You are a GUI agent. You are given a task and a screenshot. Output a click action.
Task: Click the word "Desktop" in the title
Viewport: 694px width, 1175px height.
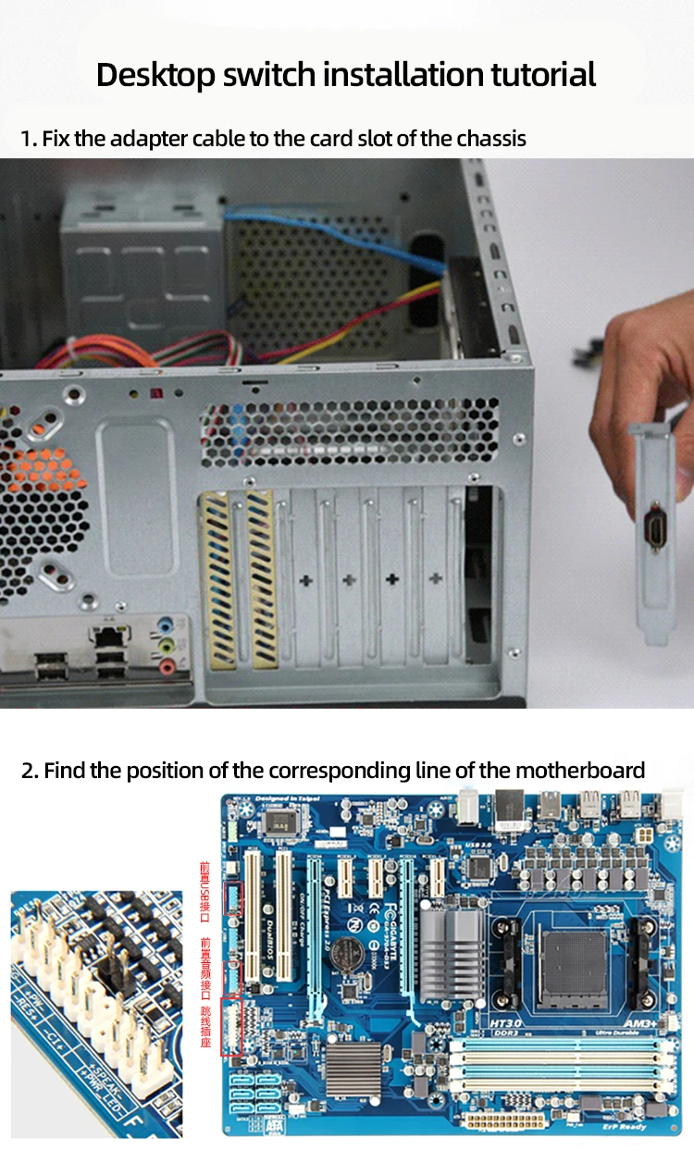[x=155, y=74]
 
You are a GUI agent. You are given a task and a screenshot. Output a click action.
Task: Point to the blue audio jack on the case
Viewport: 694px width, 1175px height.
[x=166, y=625]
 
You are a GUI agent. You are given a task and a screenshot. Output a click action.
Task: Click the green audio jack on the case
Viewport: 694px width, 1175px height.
[x=167, y=644]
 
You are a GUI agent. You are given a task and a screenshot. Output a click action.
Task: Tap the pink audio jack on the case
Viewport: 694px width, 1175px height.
[x=167, y=664]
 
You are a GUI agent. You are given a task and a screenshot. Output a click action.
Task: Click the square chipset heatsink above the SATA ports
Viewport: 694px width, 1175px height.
[x=353, y=1065]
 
